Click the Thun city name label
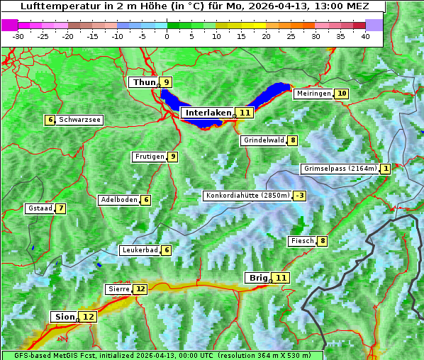(x=144, y=83)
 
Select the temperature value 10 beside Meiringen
(x=342, y=94)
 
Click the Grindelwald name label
(x=264, y=140)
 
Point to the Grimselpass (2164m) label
(x=340, y=169)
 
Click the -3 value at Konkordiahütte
(x=301, y=196)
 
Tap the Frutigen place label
(x=149, y=157)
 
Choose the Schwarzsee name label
(x=79, y=120)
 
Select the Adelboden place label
(x=118, y=200)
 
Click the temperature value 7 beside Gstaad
(x=61, y=208)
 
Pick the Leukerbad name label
(x=139, y=250)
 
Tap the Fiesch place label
(x=302, y=241)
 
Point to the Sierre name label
(x=118, y=289)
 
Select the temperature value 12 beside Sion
(x=89, y=317)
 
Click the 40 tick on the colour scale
(x=365, y=35)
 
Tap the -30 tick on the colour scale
(x=18, y=35)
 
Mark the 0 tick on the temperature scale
(x=167, y=35)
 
